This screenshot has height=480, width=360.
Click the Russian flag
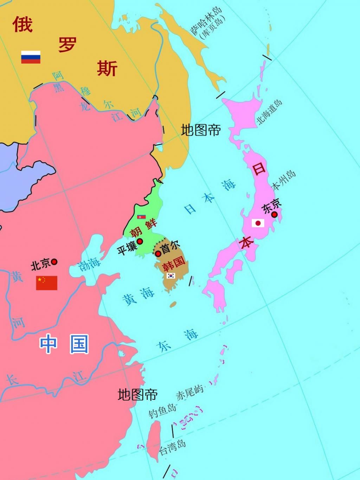[31, 57]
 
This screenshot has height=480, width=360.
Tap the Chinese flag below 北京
[46, 283]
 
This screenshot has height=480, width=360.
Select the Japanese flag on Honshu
[258, 223]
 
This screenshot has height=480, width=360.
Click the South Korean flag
[171, 275]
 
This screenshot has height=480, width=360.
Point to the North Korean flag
[141, 217]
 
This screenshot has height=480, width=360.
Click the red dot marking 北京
[54, 262]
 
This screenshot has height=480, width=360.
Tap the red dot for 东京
[275, 214]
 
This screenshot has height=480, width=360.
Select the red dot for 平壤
[140, 241]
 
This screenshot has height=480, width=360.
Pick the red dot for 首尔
[158, 253]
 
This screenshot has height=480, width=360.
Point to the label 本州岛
[284, 180]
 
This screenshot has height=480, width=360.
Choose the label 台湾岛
[172, 447]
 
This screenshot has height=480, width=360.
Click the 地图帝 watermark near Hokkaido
[201, 130]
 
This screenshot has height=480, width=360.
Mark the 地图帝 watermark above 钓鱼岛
[137, 395]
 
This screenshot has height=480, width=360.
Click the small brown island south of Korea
[173, 304]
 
